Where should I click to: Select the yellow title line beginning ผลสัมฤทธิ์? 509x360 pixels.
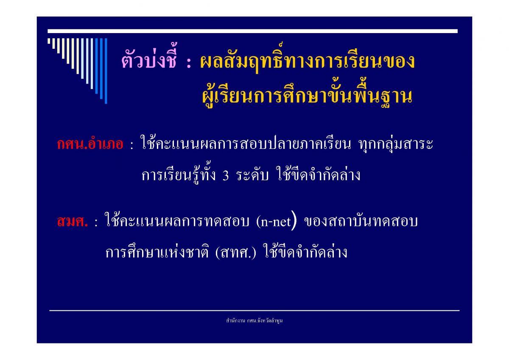coord(307,59)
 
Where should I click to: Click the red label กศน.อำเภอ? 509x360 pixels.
coord(90,144)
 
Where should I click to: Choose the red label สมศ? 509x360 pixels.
coord(72,221)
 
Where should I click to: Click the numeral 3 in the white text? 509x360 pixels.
coord(226,176)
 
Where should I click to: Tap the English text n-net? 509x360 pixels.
coord(276,222)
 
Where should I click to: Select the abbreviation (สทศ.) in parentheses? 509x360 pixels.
coord(235,252)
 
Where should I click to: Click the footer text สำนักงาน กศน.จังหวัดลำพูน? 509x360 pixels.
coord(254,321)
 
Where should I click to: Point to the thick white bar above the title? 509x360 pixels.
coord(252,31)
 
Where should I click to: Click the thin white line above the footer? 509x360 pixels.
coord(254,310)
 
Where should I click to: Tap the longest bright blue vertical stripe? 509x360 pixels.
coord(106,71)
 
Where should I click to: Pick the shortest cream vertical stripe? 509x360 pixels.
coord(49,41)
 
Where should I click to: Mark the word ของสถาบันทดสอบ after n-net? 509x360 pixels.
coord(361,221)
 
